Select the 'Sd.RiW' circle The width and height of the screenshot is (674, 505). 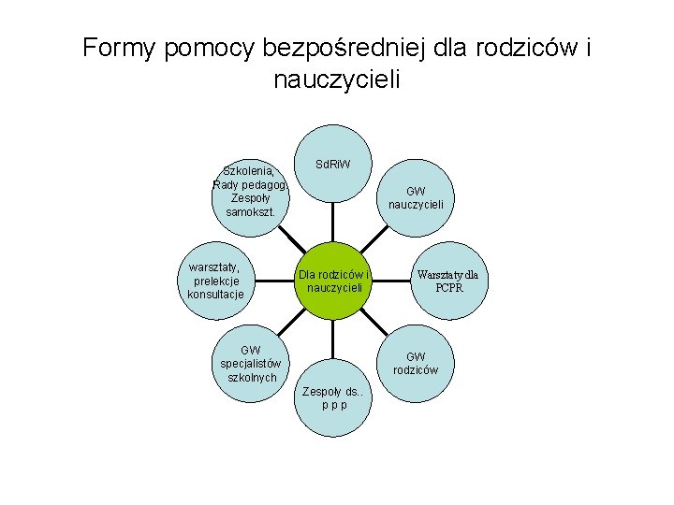(x=333, y=166)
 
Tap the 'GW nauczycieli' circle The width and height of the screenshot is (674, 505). (x=422, y=197)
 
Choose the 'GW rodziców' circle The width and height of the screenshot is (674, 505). (x=421, y=363)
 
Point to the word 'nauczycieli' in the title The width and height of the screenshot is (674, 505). (x=337, y=80)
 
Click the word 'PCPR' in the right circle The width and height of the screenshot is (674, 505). (x=448, y=288)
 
